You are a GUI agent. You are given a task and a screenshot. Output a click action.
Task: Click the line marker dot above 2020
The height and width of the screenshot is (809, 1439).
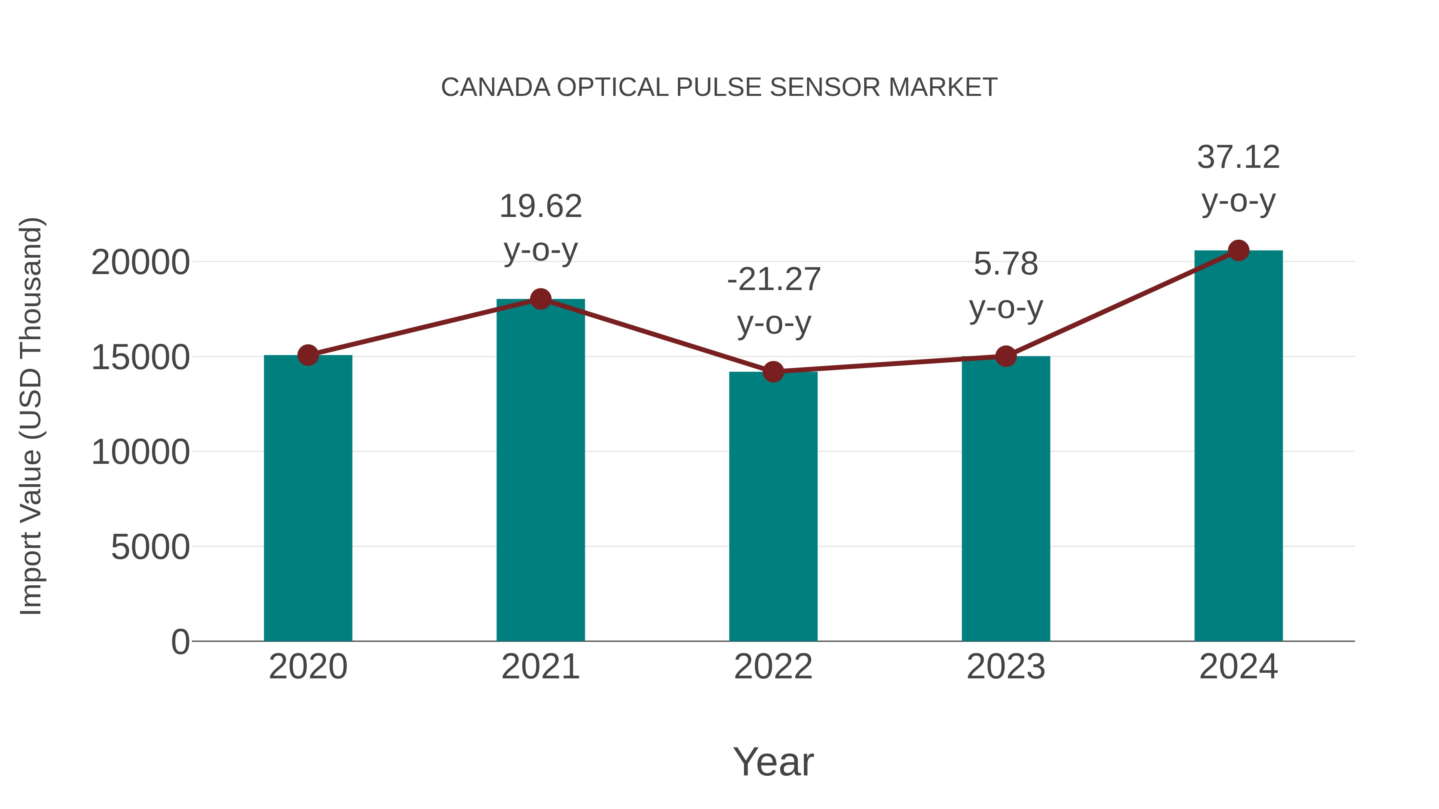tap(308, 355)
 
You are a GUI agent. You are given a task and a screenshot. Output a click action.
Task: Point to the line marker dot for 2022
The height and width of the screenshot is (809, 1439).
tap(773, 371)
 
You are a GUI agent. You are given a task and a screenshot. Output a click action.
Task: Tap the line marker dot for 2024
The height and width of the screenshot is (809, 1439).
tap(1238, 250)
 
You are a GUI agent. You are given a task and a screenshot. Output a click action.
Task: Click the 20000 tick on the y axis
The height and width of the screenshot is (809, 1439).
tap(140, 262)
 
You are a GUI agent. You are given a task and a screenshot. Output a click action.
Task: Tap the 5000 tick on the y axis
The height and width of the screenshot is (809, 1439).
tap(150, 547)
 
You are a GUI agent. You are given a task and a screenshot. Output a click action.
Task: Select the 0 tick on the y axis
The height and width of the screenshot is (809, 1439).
tap(180, 642)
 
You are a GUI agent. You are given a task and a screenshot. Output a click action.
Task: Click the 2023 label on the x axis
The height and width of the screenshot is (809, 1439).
tap(1006, 667)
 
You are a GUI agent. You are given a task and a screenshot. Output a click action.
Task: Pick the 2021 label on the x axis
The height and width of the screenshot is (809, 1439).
tap(540, 667)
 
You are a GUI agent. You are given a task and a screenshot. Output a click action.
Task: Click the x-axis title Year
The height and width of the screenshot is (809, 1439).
tap(773, 761)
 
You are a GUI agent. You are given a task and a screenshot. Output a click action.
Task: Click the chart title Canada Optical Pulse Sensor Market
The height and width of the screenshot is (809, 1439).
tap(719, 87)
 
